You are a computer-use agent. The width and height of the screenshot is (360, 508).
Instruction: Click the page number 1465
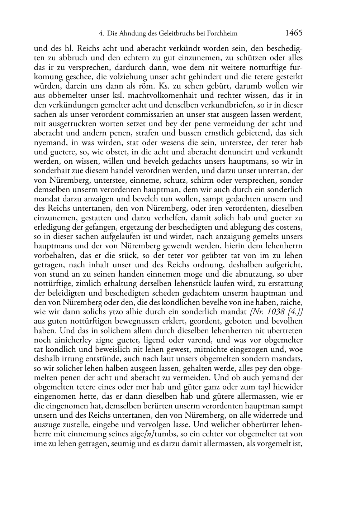click(294, 33)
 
